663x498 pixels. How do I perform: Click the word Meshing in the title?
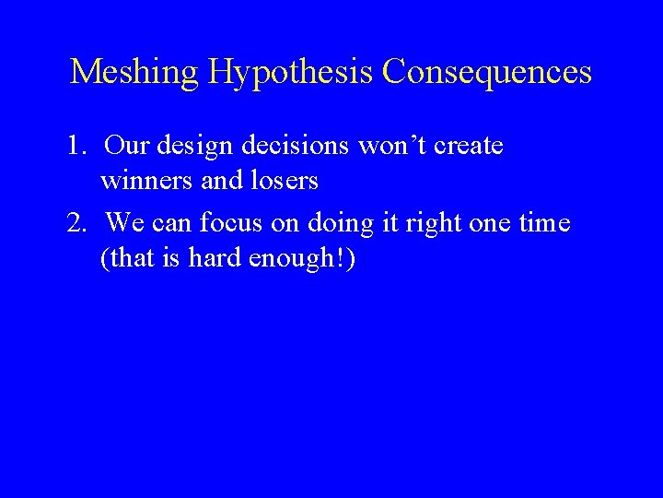135,72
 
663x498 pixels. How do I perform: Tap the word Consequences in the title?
487,71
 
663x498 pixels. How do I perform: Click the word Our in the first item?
128,146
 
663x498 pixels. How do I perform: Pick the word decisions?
295,146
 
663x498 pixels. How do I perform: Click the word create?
467,146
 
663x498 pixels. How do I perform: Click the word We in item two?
124,223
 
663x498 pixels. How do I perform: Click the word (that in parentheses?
131,259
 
